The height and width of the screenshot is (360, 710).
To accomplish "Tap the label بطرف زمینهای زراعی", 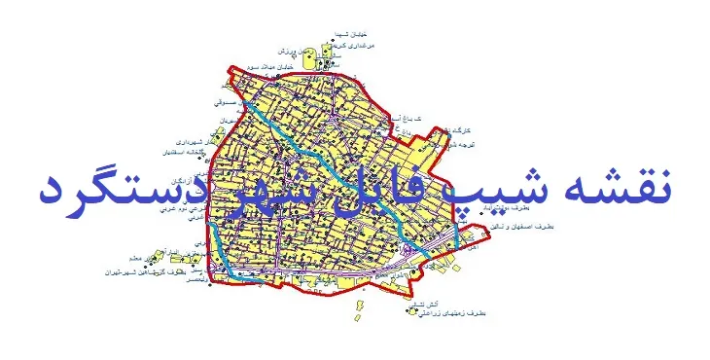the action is tap(457, 314).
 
